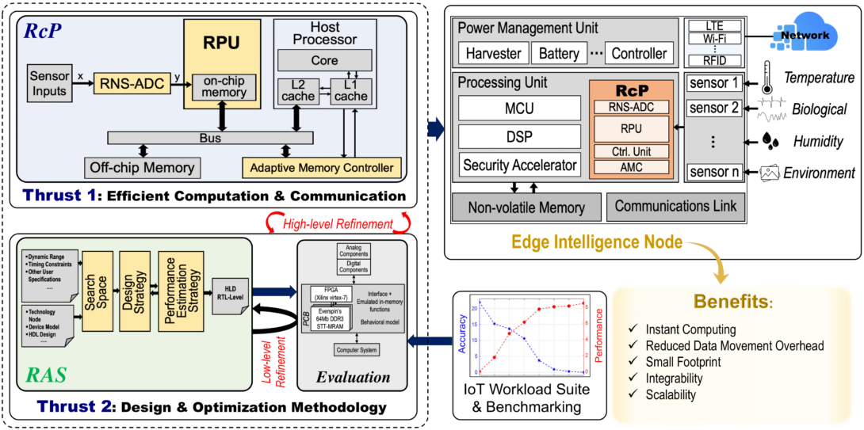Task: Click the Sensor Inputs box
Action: point(50,83)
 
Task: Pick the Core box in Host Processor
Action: point(324,60)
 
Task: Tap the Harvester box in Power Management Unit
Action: point(493,54)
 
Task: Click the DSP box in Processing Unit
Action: point(519,135)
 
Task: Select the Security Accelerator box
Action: point(519,166)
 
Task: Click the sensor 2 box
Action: point(713,108)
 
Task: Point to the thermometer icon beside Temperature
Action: point(767,78)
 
